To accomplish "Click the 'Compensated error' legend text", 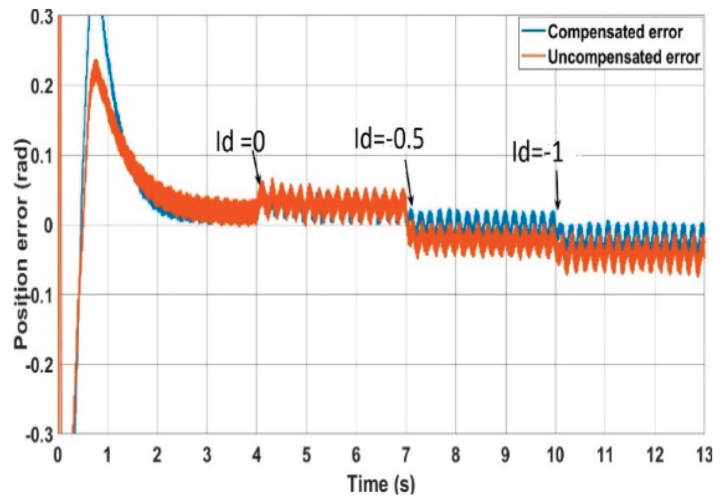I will (615, 32).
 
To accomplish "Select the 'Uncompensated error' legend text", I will (623, 57).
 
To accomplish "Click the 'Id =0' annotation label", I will (240, 142).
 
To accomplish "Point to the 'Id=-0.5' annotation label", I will (389, 139).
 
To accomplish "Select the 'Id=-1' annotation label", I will (538, 152).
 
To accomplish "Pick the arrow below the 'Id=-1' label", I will (557, 187).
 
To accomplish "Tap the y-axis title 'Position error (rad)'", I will (21, 244).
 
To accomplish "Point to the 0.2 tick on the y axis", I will (41, 86).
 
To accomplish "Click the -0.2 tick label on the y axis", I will (38, 365).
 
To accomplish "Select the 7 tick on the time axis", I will (405, 454).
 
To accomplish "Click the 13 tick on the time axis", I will (704, 454).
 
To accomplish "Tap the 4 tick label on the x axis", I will (257, 454).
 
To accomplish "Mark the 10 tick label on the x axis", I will (555, 454).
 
